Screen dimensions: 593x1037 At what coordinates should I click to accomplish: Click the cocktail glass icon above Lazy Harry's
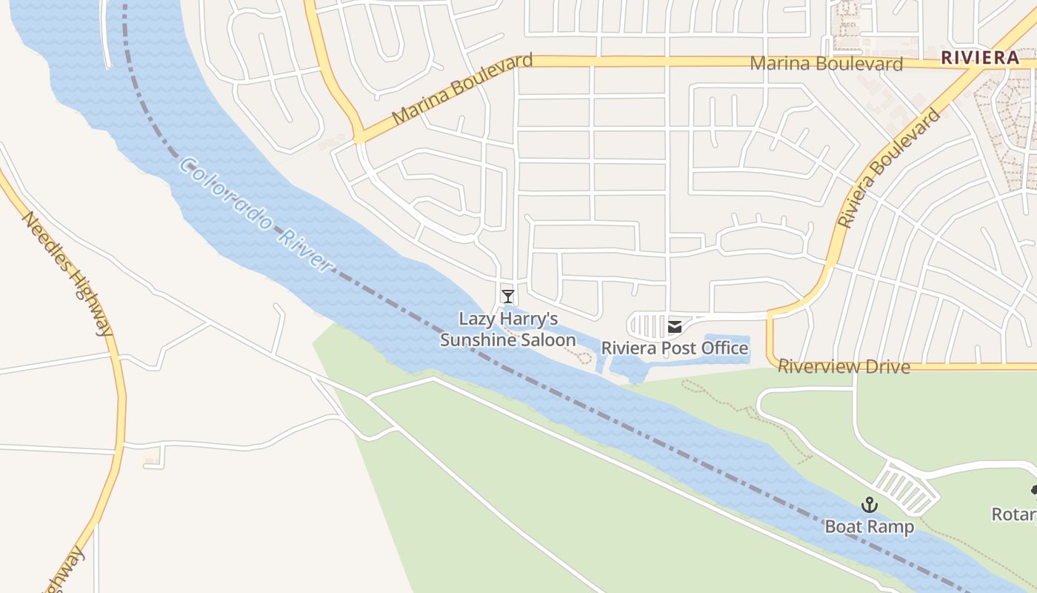[x=507, y=296]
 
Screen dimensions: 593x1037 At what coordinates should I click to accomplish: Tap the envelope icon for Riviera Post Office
[x=675, y=326]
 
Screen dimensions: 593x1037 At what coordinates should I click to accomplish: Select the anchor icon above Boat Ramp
[x=869, y=506]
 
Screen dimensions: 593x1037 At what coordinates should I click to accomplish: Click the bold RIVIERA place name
[x=980, y=58]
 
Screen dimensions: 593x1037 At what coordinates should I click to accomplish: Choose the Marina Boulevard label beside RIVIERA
[x=826, y=64]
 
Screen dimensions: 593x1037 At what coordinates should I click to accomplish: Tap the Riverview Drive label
[x=844, y=366]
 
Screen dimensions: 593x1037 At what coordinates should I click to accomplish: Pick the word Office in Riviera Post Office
[x=724, y=348]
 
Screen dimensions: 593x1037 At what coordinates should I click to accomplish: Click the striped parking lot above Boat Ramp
[x=906, y=488]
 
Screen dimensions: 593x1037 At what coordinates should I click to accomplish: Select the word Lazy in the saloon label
[x=476, y=319]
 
